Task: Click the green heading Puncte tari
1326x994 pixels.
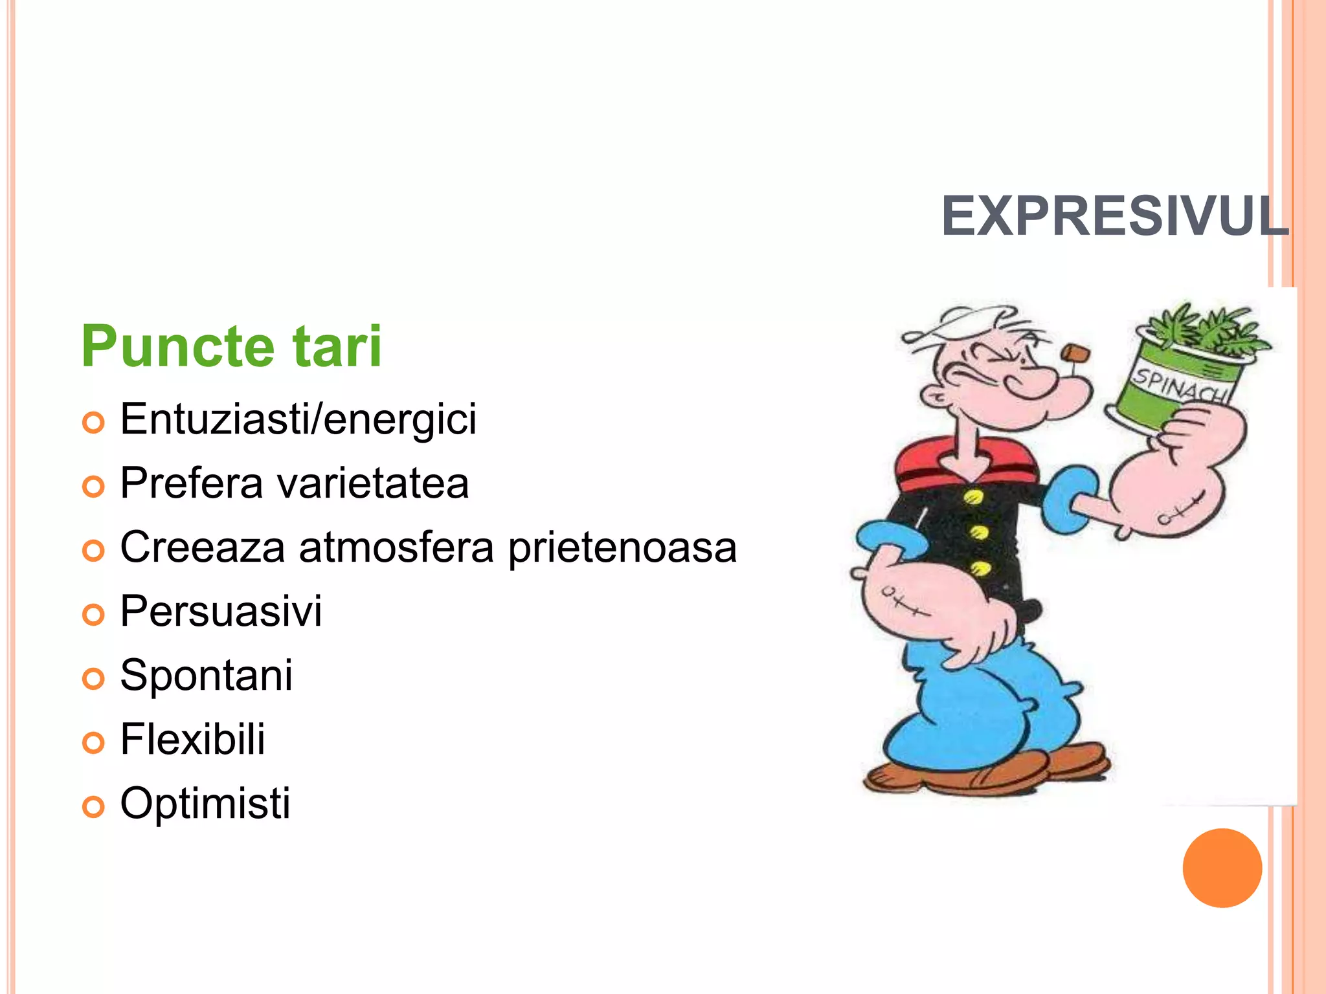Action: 231,347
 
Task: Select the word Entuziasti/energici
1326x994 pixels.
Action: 298,419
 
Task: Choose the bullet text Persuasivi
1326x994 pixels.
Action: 221,612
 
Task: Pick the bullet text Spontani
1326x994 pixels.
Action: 206,676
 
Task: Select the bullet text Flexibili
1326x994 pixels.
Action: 192,739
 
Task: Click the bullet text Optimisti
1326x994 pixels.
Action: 205,804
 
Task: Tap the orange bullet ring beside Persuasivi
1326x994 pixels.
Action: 93,614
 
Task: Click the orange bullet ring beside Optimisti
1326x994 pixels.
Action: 93,806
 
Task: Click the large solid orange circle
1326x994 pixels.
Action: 1222,868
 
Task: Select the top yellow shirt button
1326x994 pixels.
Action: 973,496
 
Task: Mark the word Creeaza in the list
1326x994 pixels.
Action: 202,547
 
